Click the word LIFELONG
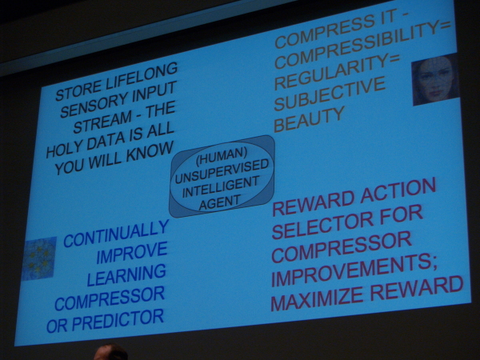[x=140, y=78]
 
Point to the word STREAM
[x=102, y=122]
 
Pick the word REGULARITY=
[x=337, y=72]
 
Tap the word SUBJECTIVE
[x=329, y=94]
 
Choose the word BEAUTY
[x=309, y=119]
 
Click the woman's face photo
[x=435, y=79]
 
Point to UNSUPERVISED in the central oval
[x=222, y=172]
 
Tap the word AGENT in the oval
[x=219, y=202]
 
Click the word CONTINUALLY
[x=116, y=234]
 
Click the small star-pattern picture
[x=39, y=258]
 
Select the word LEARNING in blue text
[x=126, y=275]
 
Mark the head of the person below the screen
[x=111, y=353]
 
